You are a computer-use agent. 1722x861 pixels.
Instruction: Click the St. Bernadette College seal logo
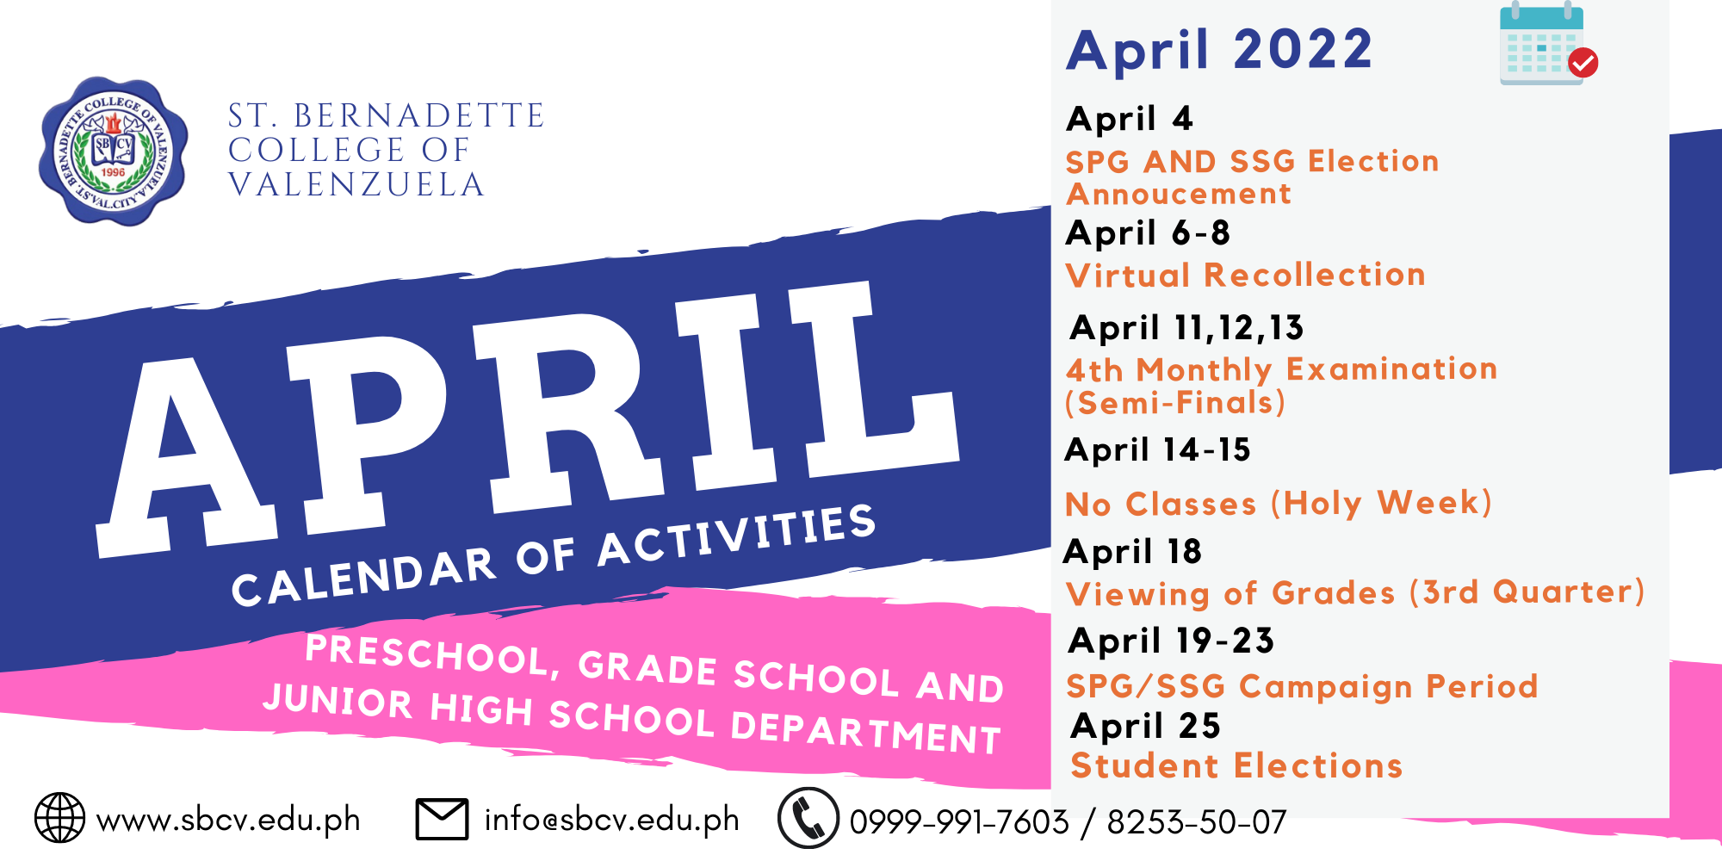click(x=114, y=152)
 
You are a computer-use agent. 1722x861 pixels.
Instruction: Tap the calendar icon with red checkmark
click(x=1548, y=44)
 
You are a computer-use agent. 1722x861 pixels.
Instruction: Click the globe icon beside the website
click(x=59, y=818)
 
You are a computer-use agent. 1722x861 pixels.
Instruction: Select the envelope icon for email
click(x=443, y=819)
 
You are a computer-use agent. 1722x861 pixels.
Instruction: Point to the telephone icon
click(x=808, y=818)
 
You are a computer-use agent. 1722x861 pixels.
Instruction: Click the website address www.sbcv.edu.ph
click(x=228, y=819)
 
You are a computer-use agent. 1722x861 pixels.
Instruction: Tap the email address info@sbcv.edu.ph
click(x=612, y=819)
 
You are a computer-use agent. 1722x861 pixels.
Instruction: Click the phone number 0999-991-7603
click(x=959, y=822)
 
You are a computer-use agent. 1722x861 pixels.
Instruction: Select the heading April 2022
click(x=1219, y=50)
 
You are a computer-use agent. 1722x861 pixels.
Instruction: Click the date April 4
click(x=1130, y=119)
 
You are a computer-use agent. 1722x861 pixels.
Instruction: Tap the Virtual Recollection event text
click(x=1246, y=276)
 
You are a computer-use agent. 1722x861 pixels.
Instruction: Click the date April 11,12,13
click(x=1187, y=328)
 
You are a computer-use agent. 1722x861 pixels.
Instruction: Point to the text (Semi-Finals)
click(x=1175, y=403)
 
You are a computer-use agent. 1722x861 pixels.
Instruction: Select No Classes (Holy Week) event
click(x=1279, y=504)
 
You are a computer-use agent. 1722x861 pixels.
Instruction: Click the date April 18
click(x=1133, y=552)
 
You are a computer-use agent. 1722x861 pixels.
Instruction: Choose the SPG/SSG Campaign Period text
click(x=1302, y=686)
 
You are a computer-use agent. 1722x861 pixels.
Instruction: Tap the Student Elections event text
click(x=1236, y=765)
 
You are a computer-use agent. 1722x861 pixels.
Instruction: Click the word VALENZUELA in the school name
click(x=356, y=185)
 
